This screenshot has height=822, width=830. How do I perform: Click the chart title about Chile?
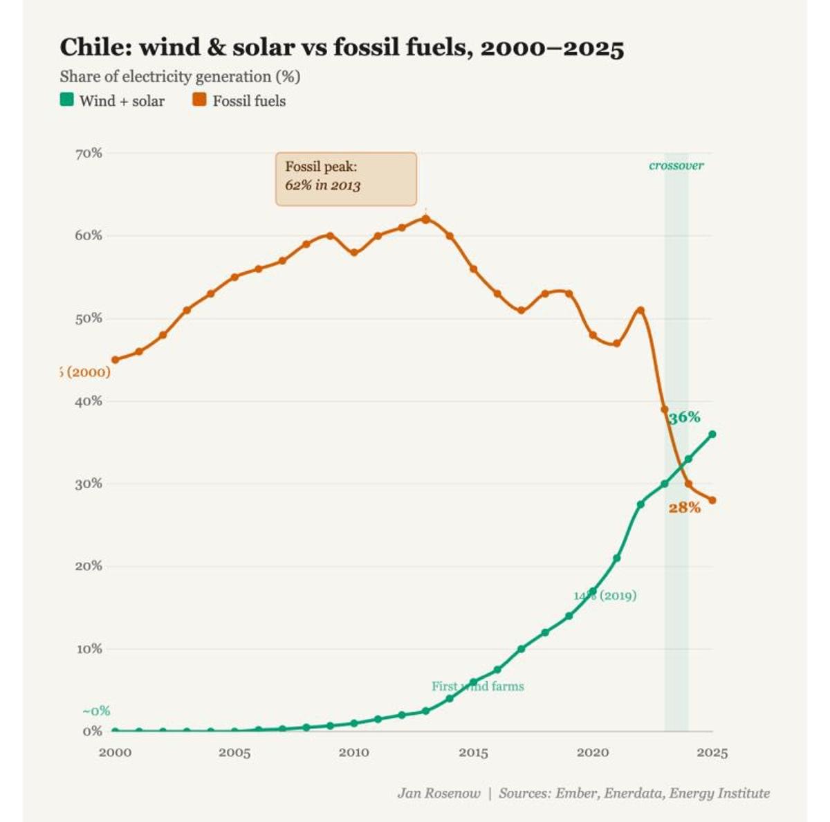coord(342,48)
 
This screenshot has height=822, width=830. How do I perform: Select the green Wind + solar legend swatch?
coord(66,100)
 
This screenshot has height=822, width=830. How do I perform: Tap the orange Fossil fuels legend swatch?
coord(199,100)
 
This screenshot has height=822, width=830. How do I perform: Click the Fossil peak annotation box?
coord(346,179)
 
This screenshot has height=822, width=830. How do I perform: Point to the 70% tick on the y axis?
coord(89,153)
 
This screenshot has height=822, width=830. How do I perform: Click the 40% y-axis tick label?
coord(89,401)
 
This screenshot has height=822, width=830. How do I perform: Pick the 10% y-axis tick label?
coord(89,648)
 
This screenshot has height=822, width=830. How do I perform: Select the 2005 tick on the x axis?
coord(234,752)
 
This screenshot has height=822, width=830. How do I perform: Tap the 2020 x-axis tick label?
coord(593,752)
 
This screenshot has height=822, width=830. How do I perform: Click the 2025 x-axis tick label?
coord(712,752)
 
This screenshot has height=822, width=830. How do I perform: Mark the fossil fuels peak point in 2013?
coord(425,219)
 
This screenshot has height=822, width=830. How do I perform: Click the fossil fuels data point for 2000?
coord(115,360)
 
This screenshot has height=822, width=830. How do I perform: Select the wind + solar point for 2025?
coord(712,434)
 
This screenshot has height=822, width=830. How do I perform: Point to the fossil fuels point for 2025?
coord(712,500)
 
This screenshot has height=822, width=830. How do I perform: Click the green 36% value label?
coord(684,417)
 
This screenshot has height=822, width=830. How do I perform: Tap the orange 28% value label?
coord(684,507)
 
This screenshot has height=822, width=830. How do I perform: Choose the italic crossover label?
coord(676,165)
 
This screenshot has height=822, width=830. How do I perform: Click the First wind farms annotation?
coord(477,686)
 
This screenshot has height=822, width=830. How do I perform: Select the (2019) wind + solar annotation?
coord(605,595)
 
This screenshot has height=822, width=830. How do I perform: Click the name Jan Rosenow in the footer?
coord(439,793)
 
